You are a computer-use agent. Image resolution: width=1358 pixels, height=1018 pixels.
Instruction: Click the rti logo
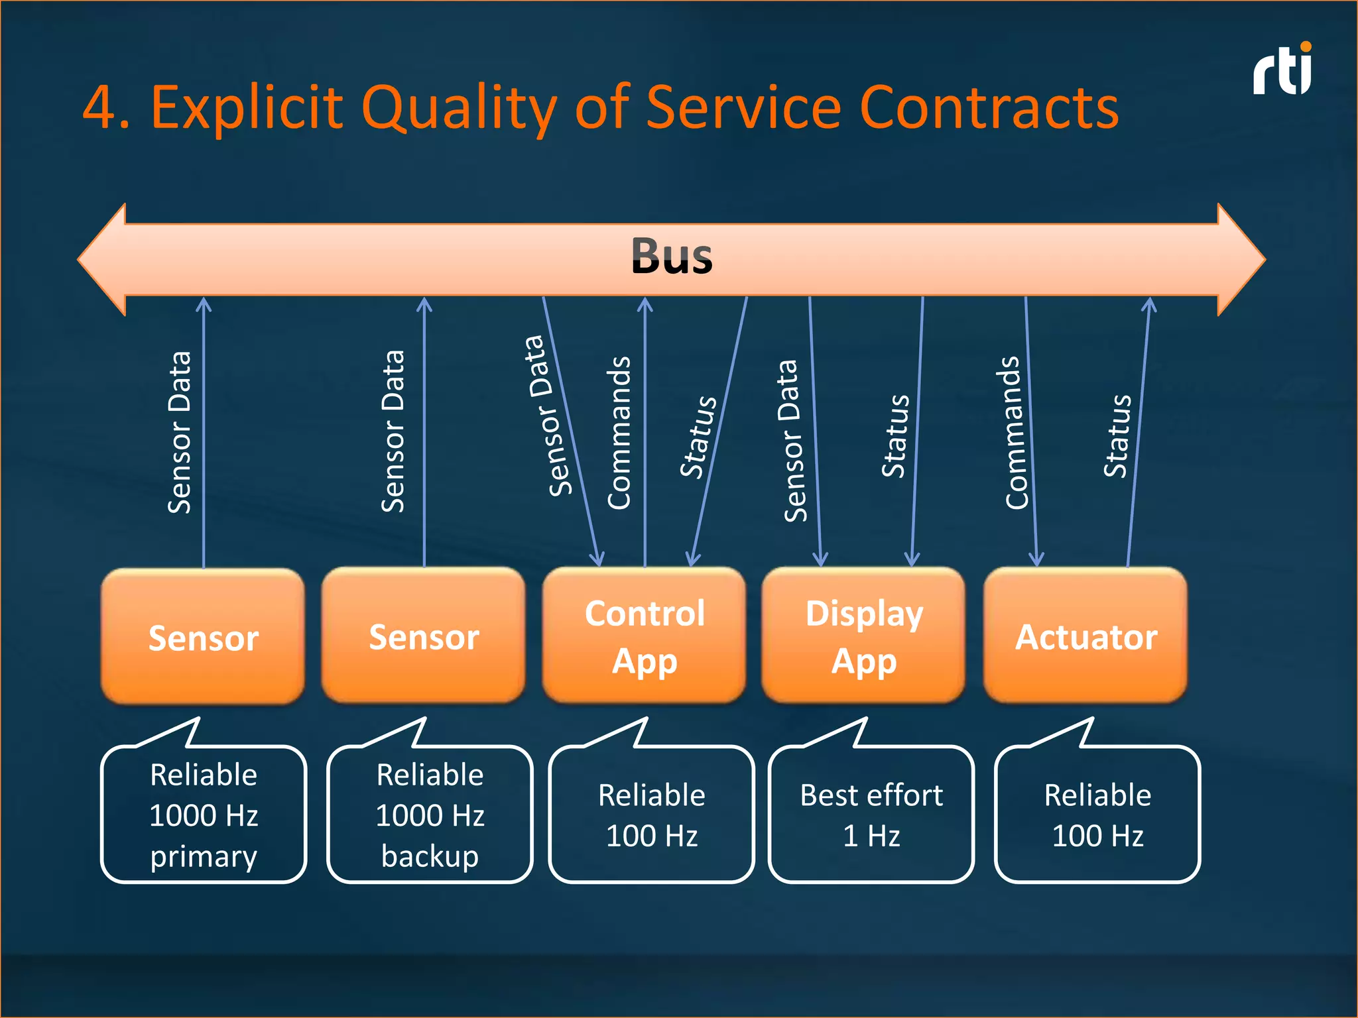click(x=1282, y=71)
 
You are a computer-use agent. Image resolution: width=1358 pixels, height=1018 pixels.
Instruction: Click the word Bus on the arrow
click(x=671, y=256)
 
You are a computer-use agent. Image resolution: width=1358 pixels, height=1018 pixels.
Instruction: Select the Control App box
click(x=644, y=636)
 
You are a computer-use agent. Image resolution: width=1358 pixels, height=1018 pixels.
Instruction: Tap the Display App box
click(x=863, y=636)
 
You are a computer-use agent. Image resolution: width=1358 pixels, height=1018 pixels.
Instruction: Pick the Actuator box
click(x=1085, y=636)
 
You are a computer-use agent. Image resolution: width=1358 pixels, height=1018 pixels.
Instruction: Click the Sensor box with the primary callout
click(x=203, y=637)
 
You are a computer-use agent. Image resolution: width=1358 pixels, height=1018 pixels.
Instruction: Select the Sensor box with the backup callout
click(x=423, y=636)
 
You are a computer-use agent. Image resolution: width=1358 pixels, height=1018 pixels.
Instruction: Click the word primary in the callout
click(x=203, y=856)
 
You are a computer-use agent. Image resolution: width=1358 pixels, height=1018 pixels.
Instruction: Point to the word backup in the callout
click(x=430, y=856)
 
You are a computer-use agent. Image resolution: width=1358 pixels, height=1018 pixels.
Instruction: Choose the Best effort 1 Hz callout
click(x=871, y=815)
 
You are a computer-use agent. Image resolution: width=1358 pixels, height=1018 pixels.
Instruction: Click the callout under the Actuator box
click(x=1097, y=815)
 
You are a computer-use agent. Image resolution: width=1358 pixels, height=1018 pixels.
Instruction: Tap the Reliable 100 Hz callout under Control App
click(x=651, y=815)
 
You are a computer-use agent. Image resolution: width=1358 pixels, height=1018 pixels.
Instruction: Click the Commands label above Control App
click(x=619, y=433)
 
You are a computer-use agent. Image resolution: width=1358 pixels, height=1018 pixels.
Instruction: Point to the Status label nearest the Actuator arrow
click(x=1118, y=435)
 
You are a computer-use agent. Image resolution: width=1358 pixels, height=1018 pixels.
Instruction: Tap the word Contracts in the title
click(x=988, y=107)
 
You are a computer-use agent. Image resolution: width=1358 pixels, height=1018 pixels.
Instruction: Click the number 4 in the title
click(x=99, y=107)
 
